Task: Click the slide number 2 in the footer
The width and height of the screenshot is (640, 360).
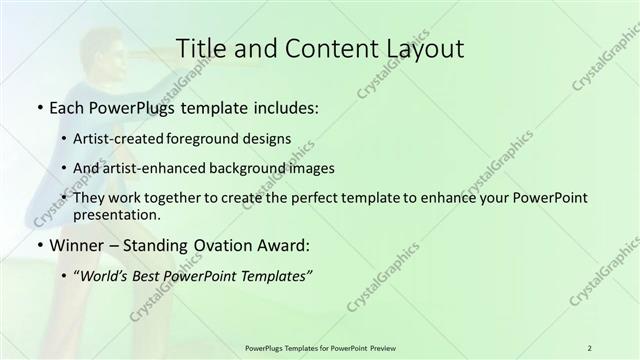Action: click(589, 347)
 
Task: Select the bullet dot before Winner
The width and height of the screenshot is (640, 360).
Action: click(38, 246)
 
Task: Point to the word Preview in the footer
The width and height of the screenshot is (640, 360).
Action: click(381, 347)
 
